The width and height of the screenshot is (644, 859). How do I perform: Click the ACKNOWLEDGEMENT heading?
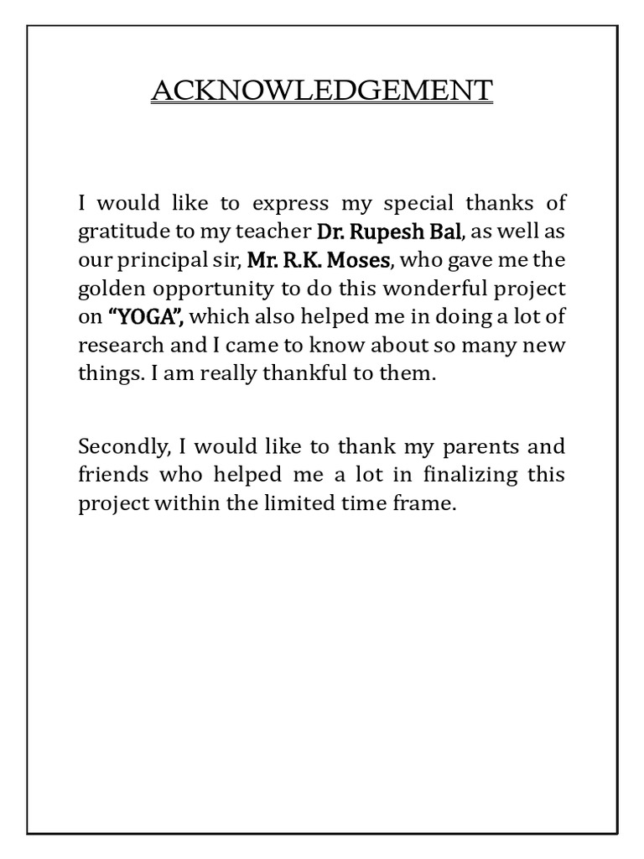322,90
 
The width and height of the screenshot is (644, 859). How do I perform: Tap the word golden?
108,289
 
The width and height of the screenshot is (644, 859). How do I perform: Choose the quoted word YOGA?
146,317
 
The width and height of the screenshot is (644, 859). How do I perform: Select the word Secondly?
115,446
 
